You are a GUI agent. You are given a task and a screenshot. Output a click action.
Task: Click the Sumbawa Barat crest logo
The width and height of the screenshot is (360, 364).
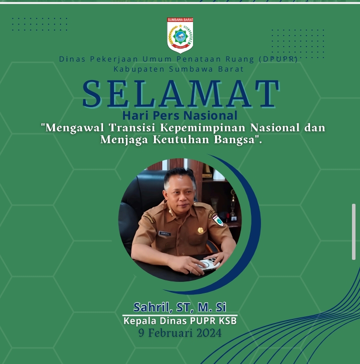[180, 35]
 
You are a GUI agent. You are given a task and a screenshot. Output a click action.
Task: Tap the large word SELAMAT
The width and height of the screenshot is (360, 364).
[181, 94]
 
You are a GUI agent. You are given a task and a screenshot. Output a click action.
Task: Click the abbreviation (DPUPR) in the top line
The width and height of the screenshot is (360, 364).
[278, 59]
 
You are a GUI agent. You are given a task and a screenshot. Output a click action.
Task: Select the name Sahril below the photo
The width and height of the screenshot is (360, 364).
[153, 307]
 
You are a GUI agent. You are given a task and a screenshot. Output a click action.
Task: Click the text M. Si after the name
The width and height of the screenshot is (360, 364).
[212, 307]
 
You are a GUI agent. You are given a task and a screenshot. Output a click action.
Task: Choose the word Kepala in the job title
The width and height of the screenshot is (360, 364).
[140, 321]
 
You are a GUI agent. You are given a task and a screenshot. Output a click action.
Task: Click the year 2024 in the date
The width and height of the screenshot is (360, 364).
[209, 333]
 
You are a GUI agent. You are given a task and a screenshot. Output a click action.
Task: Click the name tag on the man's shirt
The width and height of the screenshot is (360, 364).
[165, 234]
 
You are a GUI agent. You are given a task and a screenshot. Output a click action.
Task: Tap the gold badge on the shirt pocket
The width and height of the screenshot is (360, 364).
[200, 230]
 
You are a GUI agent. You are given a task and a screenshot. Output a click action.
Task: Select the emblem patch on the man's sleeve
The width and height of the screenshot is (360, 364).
[217, 220]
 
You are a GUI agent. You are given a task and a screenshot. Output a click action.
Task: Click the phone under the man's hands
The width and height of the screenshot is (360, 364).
[207, 265]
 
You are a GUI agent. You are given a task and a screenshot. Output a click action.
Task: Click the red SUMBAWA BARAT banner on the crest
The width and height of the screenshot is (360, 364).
[180, 20]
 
